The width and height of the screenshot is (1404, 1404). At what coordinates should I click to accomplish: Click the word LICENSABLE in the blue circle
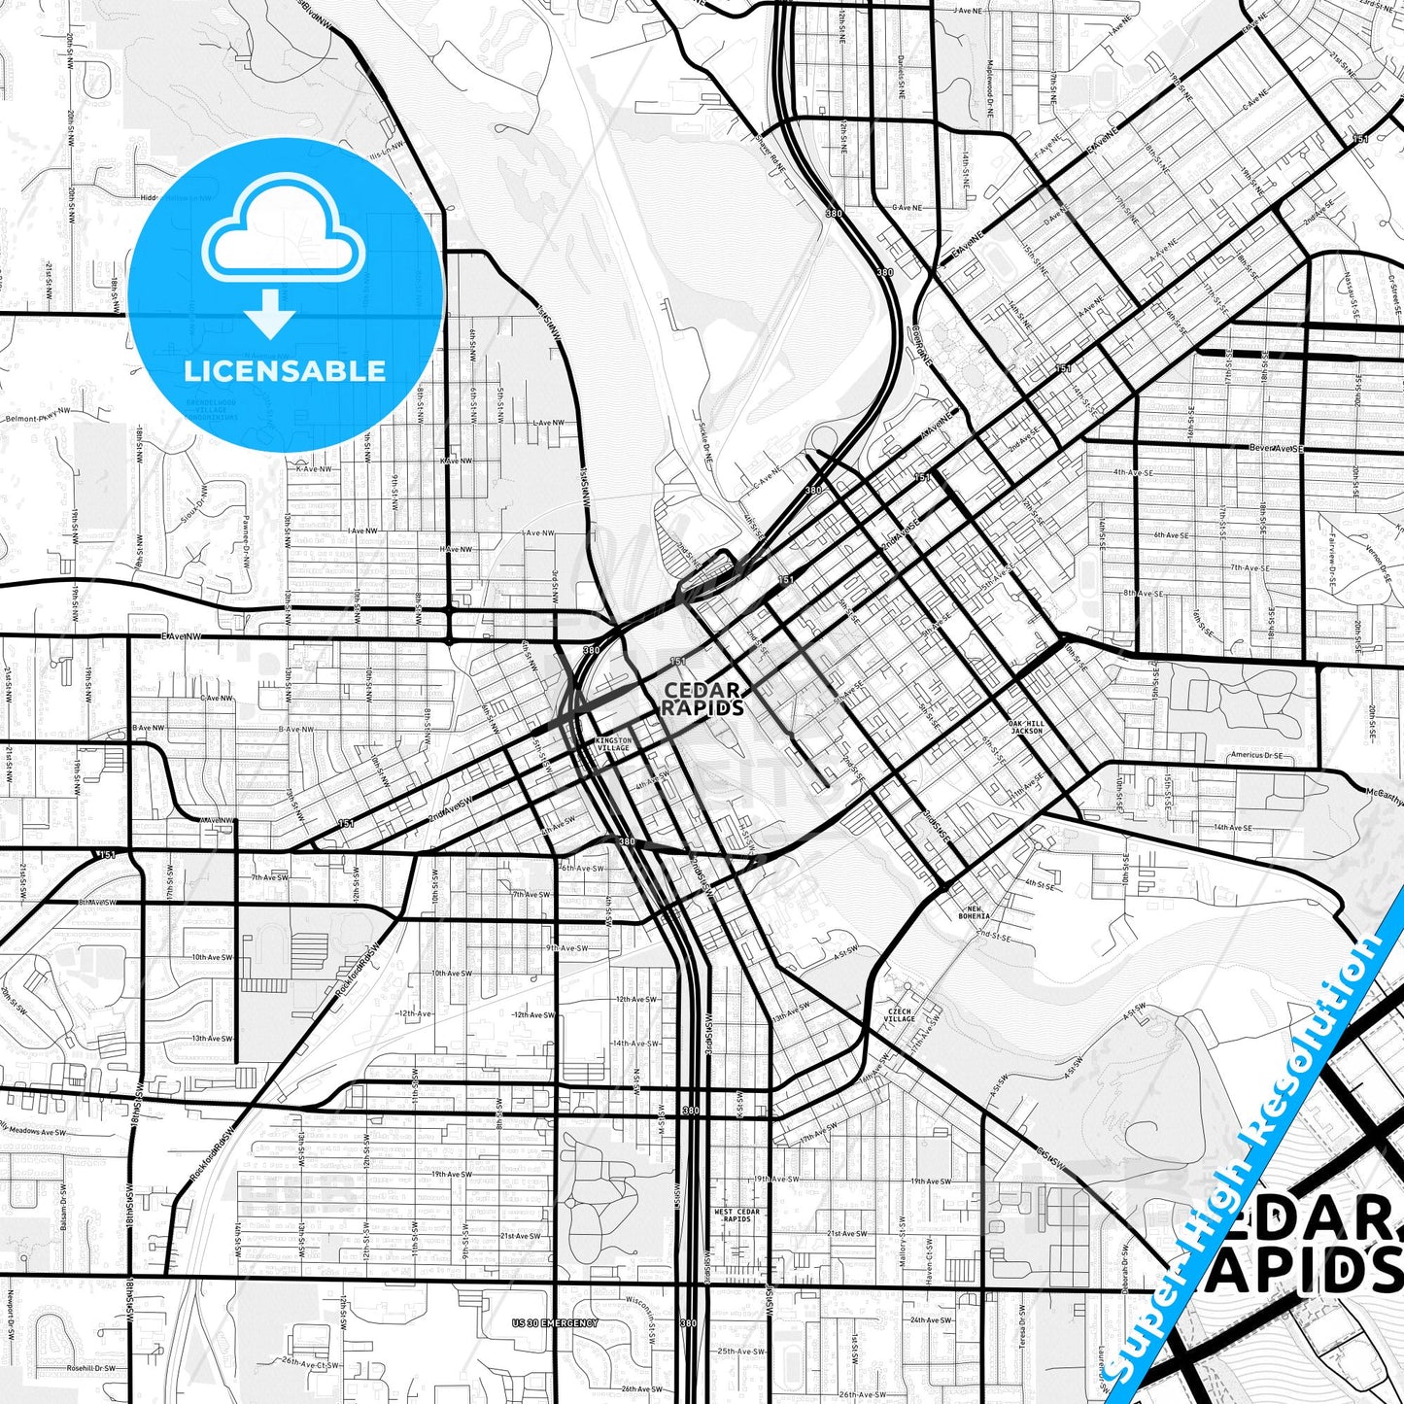click(x=285, y=371)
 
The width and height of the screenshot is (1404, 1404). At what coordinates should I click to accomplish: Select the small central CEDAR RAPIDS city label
click(x=703, y=699)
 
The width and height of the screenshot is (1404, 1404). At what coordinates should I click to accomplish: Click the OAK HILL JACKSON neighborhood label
click(x=1026, y=727)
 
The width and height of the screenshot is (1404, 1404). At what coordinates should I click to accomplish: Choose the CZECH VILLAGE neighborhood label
click(x=900, y=1015)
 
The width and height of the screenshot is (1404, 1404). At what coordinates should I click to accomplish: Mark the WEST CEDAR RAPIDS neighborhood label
click(x=737, y=1215)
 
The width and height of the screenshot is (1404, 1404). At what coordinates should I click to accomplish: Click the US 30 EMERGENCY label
click(x=555, y=1323)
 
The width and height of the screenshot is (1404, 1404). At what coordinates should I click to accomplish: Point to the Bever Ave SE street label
click(x=1276, y=449)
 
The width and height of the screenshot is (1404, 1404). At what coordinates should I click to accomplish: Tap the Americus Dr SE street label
click(x=1256, y=755)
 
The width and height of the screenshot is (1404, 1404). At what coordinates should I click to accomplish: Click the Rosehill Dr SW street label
click(x=90, y=1368)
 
